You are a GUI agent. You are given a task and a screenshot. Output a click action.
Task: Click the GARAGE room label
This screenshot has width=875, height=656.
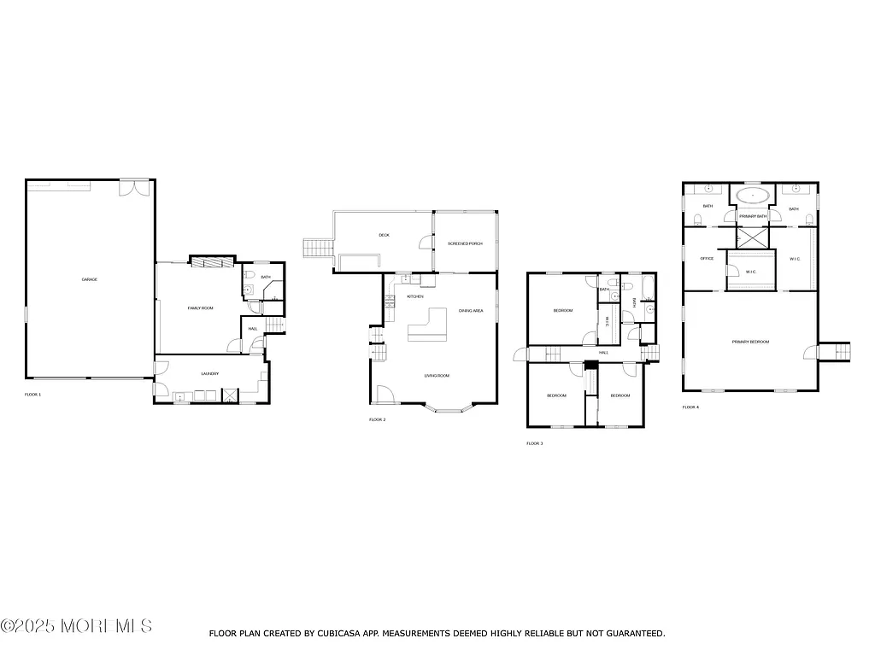coord(89,279)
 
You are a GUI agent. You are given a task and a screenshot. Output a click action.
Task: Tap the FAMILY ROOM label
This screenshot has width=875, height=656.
coord(200,307)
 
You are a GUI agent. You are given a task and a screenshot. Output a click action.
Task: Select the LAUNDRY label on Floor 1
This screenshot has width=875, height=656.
coord(210,373)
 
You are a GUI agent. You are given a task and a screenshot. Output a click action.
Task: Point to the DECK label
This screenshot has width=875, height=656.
coord(385,236)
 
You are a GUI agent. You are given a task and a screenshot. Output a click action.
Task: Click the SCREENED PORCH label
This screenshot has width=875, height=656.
coord(465,243)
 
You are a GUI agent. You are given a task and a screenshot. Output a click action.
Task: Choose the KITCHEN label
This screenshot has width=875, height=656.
coord(416,296)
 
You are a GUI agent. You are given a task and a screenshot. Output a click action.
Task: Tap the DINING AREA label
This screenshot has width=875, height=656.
coord(471,311)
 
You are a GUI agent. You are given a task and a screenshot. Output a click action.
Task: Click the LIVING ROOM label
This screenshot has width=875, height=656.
coord(437,376)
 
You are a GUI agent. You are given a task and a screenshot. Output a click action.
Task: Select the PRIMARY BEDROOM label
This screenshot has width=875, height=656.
coord(750,342)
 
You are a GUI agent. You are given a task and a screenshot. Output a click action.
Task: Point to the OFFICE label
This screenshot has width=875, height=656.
coord(707,258)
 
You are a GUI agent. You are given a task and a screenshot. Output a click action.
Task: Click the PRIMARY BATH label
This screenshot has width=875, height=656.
coord(753,216)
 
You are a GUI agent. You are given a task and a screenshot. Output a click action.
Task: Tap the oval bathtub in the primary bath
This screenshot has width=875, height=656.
coord(752,196)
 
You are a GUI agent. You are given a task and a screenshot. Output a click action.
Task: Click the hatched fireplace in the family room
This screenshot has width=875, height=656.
coord(211,261)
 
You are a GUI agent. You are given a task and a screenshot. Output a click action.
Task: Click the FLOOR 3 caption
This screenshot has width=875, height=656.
coord(534,443)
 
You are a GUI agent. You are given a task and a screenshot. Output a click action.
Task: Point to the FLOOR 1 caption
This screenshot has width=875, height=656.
coord(33,395)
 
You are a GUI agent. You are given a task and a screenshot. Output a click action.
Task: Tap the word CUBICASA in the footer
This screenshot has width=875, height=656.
coord(361,634)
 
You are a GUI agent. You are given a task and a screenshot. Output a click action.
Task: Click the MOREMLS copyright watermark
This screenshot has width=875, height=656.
coord(77,626)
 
